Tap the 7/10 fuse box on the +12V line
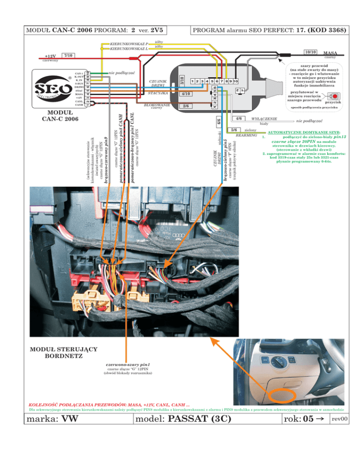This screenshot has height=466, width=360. coord(68,56)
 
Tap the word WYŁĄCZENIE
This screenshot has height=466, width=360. coord(264,119)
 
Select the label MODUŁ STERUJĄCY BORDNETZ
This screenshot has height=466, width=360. coord(63,352)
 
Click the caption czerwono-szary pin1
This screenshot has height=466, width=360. coord(127,364)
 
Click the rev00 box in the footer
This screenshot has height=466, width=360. coord(338,418)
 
